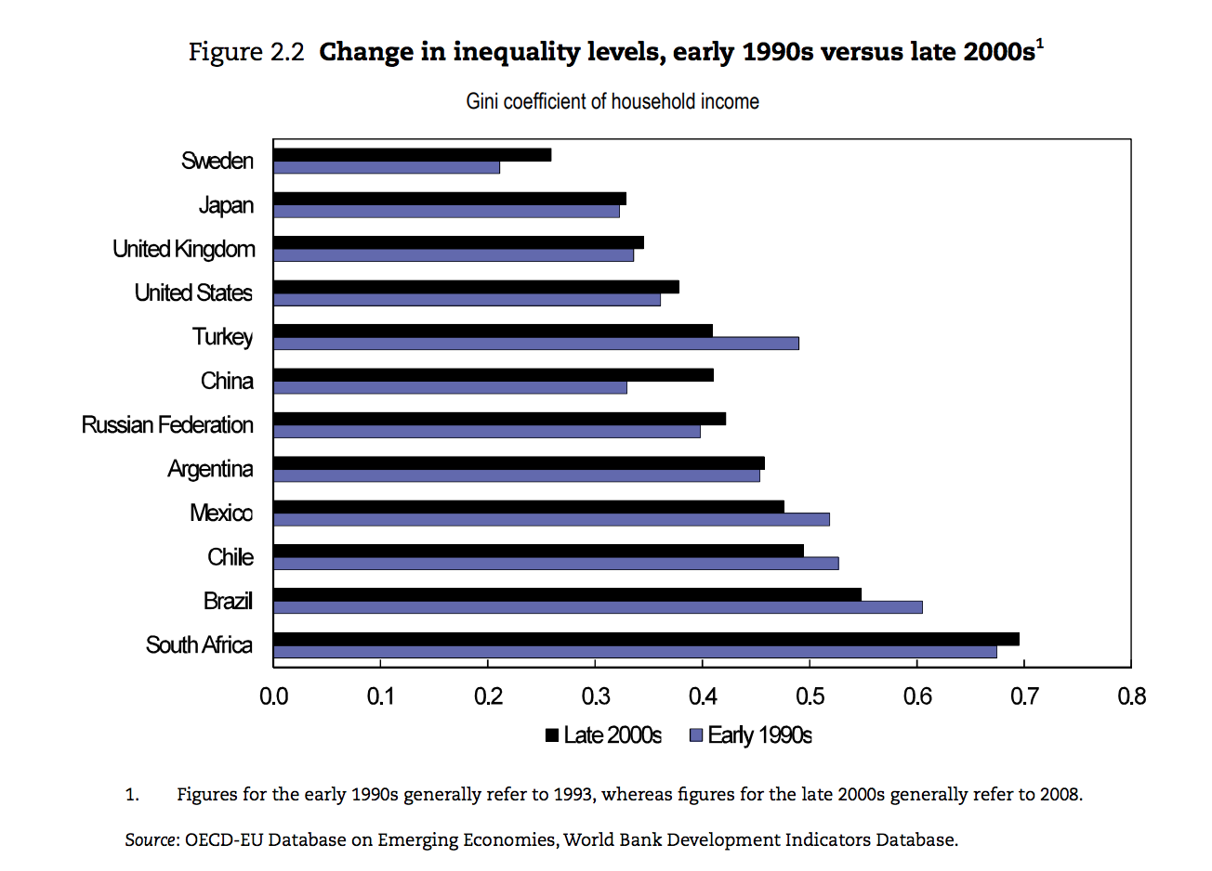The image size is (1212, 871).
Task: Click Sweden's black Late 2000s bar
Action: coord(412,154)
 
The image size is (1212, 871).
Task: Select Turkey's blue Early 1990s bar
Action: coord(536,344)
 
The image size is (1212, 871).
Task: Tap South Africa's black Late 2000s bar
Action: coord(646,639)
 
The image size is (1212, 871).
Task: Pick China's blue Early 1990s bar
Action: coord(450,387)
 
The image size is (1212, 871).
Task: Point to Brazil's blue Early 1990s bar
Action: coord(598,607)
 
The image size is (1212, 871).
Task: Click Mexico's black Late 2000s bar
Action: coord(529,506)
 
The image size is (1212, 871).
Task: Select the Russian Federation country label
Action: coord(167,425)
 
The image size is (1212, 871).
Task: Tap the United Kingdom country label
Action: coord(184,249)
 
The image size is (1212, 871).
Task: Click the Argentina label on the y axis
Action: coord(210,469)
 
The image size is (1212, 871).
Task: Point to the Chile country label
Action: coord(231,557)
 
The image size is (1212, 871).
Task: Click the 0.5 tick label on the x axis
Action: coord(810,696)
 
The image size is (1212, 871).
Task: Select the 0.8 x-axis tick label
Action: coord(1131,696)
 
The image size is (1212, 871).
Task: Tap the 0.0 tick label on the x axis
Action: coord(273,696)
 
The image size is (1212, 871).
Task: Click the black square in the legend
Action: coord(552,735)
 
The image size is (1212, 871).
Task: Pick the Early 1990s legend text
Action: coord(759,735)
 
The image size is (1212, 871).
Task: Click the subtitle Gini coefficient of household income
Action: coord(613,101)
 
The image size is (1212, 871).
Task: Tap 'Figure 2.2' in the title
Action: coord(246,52)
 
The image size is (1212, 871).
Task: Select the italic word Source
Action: coord(151,840)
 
